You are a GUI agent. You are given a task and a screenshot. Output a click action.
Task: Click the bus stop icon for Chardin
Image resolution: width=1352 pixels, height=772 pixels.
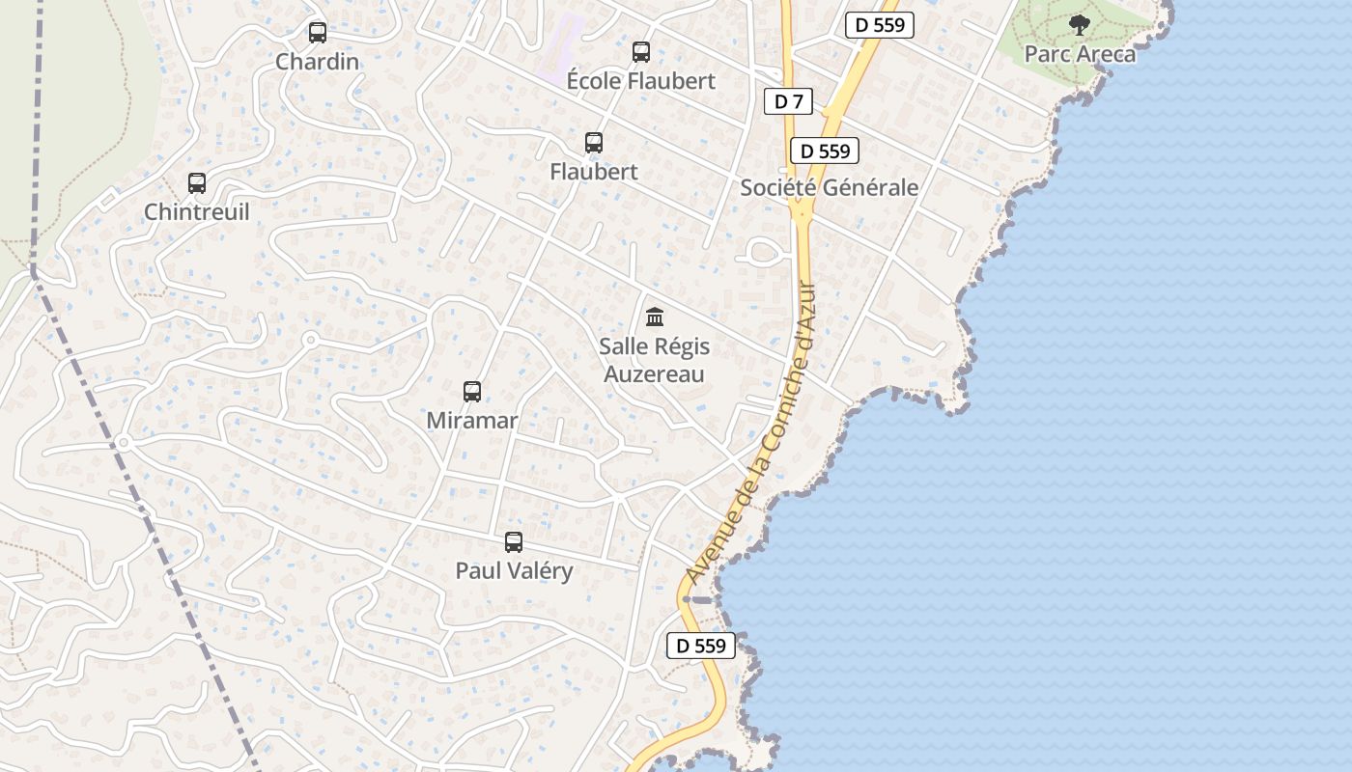(x=318, y=33)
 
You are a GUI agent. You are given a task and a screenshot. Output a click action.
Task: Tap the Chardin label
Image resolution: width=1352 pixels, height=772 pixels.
(x=318, y=62)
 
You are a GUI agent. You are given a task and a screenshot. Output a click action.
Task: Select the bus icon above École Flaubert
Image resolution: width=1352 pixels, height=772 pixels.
(x=641, y=52)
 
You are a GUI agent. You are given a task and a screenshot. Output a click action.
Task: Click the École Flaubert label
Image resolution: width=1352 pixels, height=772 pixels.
(x=641, y=81)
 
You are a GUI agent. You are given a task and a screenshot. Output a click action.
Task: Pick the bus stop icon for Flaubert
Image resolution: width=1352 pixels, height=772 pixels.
(x=594, y=143)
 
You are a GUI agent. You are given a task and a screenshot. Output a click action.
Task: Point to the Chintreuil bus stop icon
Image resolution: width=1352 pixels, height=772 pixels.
(x=197, y=183)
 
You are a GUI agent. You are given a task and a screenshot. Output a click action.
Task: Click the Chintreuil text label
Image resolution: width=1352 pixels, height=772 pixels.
(x=197, y=212)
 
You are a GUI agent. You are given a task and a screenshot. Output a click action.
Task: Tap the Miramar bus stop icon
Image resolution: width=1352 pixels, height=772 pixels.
(x=472, y=392)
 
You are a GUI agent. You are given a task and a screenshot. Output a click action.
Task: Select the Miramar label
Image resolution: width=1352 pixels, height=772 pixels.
(x=472, y=421)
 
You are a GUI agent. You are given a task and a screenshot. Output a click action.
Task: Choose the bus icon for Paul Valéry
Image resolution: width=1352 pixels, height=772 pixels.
(x=514, y=542)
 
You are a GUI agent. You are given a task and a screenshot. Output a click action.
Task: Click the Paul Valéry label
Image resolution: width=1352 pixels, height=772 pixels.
(x=514, y=571)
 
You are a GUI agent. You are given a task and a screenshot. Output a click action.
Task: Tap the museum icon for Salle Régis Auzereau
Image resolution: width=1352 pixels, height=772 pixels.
(x=655, y=317)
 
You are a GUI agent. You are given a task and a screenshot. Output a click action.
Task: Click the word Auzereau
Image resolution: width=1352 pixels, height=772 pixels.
(x=655, y=374)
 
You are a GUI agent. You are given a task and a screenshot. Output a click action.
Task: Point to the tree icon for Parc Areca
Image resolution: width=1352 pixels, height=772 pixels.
(x=1080, y=25)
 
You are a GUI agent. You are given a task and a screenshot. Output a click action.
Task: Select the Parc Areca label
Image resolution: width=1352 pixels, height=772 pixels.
(x=1080, y=54)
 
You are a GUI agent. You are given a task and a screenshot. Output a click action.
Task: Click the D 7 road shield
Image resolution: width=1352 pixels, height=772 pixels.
(x=789, y=101)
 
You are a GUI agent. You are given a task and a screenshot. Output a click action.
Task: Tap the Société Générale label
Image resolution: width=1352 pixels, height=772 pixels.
(x=829, y=187)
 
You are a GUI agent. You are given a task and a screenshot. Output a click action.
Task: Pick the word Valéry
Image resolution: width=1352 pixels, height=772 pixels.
(x=541, y=571)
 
